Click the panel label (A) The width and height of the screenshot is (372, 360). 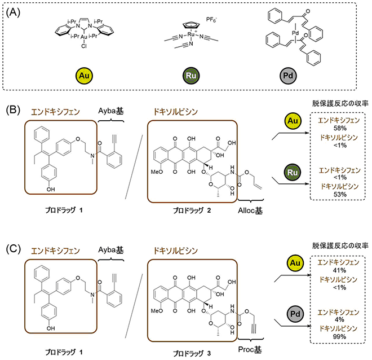pyautogui.click(x=13, y=12)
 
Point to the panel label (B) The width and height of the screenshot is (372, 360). pyautogui.click(x=13, y=110)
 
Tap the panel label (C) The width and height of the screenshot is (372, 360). pyautogui.click(x=13, y=249)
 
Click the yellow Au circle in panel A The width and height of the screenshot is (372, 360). pyautogui.click(x=84, y=76)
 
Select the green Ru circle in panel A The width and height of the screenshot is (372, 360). pyautogui.click(x=191, y=76)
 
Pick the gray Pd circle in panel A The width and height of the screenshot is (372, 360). pyautogui.click(x=288, y=76)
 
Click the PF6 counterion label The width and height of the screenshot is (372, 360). pyautogui.click(x=211, y=20)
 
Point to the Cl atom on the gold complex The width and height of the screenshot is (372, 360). pyautogui.click(x=84, y=46)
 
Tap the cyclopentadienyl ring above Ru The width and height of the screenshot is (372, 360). pyautogui.click(x=191, y=25)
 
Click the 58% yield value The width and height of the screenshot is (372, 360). pyautogui.click(x=340, y=128)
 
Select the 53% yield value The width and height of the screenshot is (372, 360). pyautogui.click(x=340, y=194)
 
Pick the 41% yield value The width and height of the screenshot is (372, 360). pyautogui.click(x=339, y=270)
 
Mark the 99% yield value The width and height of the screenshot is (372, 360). pyautogui.click(x=339, y=336)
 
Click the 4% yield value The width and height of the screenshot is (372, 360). pyautogui.click(x=339, y=319)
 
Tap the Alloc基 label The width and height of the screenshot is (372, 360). pyautogui.click(x=250, y=210)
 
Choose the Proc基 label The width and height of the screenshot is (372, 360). pyautogui.click(x=250, y=349)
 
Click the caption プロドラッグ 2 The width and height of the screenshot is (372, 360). pyautogui.click(x=192, y=210)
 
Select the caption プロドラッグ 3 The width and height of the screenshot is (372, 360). pyautogui.click(x=192, y=354)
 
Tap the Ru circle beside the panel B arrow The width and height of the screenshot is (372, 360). pyautogui.click(x=293, y=172)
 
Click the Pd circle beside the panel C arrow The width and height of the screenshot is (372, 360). pyautogui.click(x=295, y=314)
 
